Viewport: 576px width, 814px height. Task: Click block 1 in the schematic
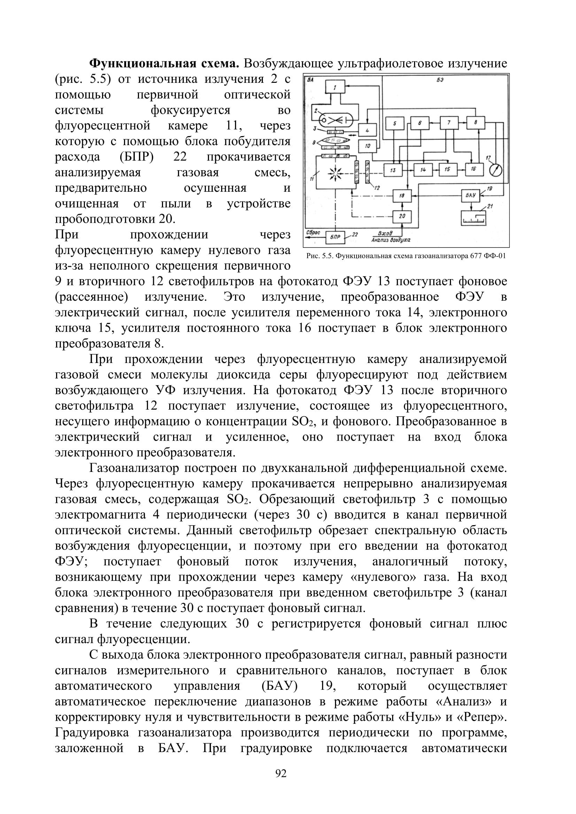tap(335, 87)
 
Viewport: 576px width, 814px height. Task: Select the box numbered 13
tap(392, 170)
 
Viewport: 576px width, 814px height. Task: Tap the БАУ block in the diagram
tap(470, 195)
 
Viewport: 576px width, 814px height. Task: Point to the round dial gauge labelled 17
tap(496, 170)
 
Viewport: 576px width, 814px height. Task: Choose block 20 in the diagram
tap(402, 216)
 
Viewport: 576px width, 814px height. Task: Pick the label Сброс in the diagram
tap(313, 232)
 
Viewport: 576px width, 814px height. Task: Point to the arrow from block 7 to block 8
tap(462, 123)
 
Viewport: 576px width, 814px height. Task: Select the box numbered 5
tap(394, 124)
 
